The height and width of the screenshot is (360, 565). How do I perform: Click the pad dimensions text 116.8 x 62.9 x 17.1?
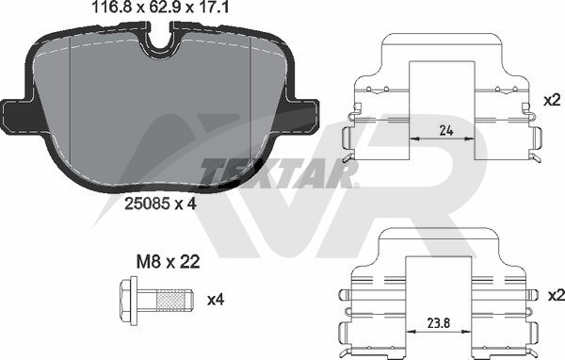(x=160, y=7)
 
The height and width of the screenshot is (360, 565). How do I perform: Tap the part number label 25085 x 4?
(x=160, y=205)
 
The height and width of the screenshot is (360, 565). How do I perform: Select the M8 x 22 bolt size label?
(x=168, y=262)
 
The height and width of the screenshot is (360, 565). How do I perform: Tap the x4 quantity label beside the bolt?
(x=216, y=300)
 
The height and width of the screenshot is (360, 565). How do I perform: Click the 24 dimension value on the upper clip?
(x=446, y=130)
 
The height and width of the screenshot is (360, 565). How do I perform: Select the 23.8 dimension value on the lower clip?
(x=438, y=323)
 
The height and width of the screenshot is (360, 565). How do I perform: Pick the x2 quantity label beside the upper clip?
(x=553, y=100)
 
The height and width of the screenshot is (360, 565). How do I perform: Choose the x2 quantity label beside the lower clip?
(x=557, y=296)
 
